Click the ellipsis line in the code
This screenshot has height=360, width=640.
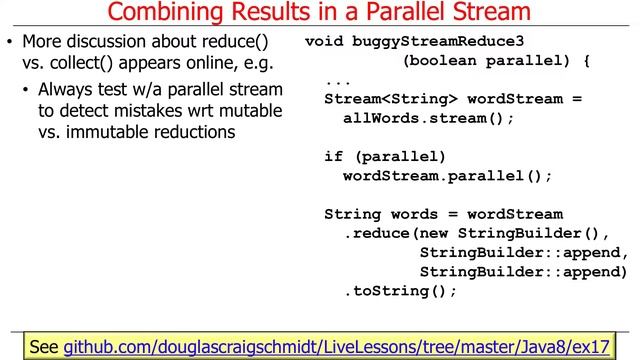(x=337, y=80)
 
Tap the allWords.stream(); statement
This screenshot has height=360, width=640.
(x=428, y=118)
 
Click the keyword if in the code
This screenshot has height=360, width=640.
(x=333, y=156)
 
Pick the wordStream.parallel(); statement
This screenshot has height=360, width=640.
(x=447, y=175)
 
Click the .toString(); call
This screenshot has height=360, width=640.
(x=399, y=291)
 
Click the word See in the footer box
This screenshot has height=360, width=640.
(x=44, y=347)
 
